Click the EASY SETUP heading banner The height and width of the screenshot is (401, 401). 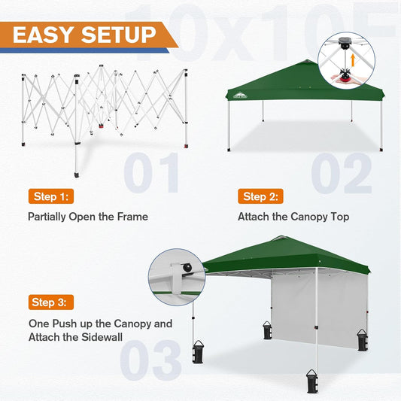(x=85, y=35)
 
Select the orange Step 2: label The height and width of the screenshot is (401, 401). (x=261, y=197)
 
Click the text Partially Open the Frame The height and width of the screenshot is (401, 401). (x=88, y=217)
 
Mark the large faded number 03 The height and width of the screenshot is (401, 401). (x=150, y=360)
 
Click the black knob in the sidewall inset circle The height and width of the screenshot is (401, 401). (x=184, y=267)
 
